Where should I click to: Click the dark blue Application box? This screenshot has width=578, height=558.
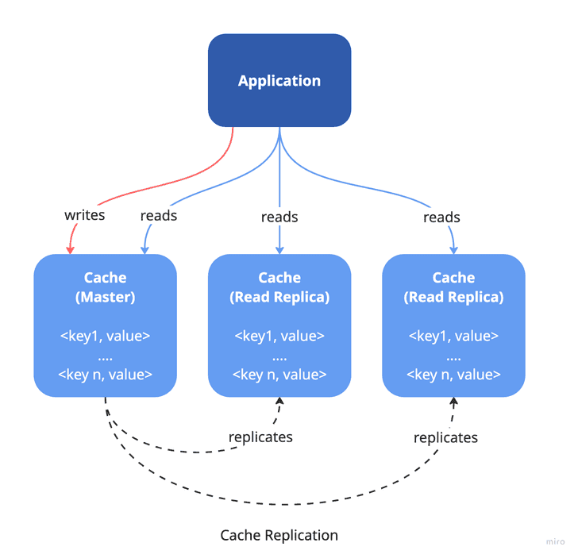pos(279,80)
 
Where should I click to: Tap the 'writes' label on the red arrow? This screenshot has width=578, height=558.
pos(84,216)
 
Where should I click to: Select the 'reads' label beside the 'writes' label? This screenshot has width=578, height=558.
pos(159,215)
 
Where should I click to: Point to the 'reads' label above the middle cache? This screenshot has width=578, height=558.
pos(279,217)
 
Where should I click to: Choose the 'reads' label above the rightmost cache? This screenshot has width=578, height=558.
pos(441,217)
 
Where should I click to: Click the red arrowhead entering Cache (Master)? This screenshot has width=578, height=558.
pos(70,249)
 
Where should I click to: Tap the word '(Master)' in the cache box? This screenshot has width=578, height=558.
pos(106,298)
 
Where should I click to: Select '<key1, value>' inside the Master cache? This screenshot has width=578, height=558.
pos(106,336)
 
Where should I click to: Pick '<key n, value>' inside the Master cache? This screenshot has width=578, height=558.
pos(106,374)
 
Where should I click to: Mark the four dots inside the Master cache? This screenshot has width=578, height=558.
pos(106,356)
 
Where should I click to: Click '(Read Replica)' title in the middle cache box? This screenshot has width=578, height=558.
pos(279,298)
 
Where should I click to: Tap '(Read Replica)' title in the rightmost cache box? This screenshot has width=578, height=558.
pos(453,298)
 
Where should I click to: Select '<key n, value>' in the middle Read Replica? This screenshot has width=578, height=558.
pos(279,374)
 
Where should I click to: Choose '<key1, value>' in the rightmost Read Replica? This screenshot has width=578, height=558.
pos(453,336)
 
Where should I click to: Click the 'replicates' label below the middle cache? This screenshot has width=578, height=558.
pos(260,437)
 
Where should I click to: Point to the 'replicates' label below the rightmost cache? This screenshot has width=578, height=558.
pos(445,437)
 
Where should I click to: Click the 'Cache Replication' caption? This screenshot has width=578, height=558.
pos(279,535)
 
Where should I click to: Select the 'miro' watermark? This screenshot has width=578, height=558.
pos(554,542)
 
